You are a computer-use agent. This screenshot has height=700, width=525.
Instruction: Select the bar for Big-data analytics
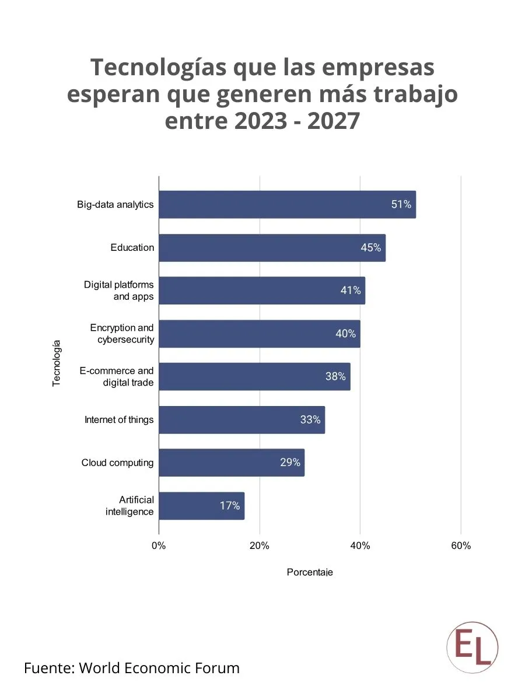pyautogui.click(x=287, y=204)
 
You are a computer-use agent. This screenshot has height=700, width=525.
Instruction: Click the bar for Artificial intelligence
pyautogui.click(x=201, y=506)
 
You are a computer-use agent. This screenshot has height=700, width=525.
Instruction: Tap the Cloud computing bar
pyautogui.click(x=232, y=463)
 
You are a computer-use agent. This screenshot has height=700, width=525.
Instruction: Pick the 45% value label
pyautogui.click(x=370, y=248)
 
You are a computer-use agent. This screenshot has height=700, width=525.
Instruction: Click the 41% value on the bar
pyautogui.click(x=351, y=290)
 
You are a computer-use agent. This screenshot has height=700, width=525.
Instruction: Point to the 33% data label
pyautogui.click(x=310, y=419)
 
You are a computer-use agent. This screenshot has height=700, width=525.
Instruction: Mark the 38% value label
pyautogui.click(x=335, y=376)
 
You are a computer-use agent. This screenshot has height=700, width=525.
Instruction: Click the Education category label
pyautogui.click(x=132, y=247)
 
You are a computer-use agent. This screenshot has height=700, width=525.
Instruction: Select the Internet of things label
pyautogui.click(x=119, y=419)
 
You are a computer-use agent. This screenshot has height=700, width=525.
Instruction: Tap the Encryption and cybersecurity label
pyautogui.click(x=122, y=334)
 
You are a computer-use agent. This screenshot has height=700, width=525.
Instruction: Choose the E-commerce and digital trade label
pyautogui.click(x=117, y=377)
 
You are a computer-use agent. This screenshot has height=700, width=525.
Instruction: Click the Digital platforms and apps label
pyautogui.click(x=119, y=290)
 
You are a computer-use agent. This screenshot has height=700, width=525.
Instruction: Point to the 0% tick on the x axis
pyautogui.click(x=159, y=546)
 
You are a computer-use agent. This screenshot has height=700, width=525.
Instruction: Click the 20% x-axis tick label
pyautogui.click(x=259, y=546)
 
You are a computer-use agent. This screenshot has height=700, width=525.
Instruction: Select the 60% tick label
pyautogui.click(x=461, y=546)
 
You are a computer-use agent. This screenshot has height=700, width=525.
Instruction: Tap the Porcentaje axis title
pyautogui.click(x=310, y=572)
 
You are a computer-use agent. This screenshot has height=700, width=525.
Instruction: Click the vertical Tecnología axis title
pyautogui.click(x=57, y=362)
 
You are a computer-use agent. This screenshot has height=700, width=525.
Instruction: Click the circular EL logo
pyautogui.click(x=473, y=647)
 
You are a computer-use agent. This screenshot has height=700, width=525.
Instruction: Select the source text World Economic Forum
pyautogui.click(x=159, y=668)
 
